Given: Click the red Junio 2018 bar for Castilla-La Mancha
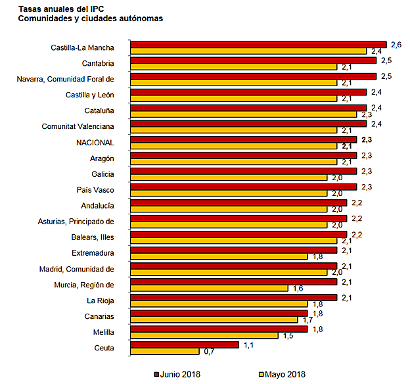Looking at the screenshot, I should (258, 44).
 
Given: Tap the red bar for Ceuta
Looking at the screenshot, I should (184, 345).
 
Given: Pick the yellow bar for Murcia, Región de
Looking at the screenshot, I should (209, 288).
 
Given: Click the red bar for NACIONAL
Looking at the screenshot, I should (243, 139).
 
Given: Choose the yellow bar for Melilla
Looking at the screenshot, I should (204, 335).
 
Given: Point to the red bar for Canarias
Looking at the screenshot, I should (219, 313).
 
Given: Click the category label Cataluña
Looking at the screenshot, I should (100, 110).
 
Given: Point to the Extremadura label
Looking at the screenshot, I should (93, 253).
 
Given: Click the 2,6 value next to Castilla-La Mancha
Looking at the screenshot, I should (395, 43).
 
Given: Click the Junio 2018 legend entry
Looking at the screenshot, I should (177, 374).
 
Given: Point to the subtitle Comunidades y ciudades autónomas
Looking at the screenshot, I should (90, 18).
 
